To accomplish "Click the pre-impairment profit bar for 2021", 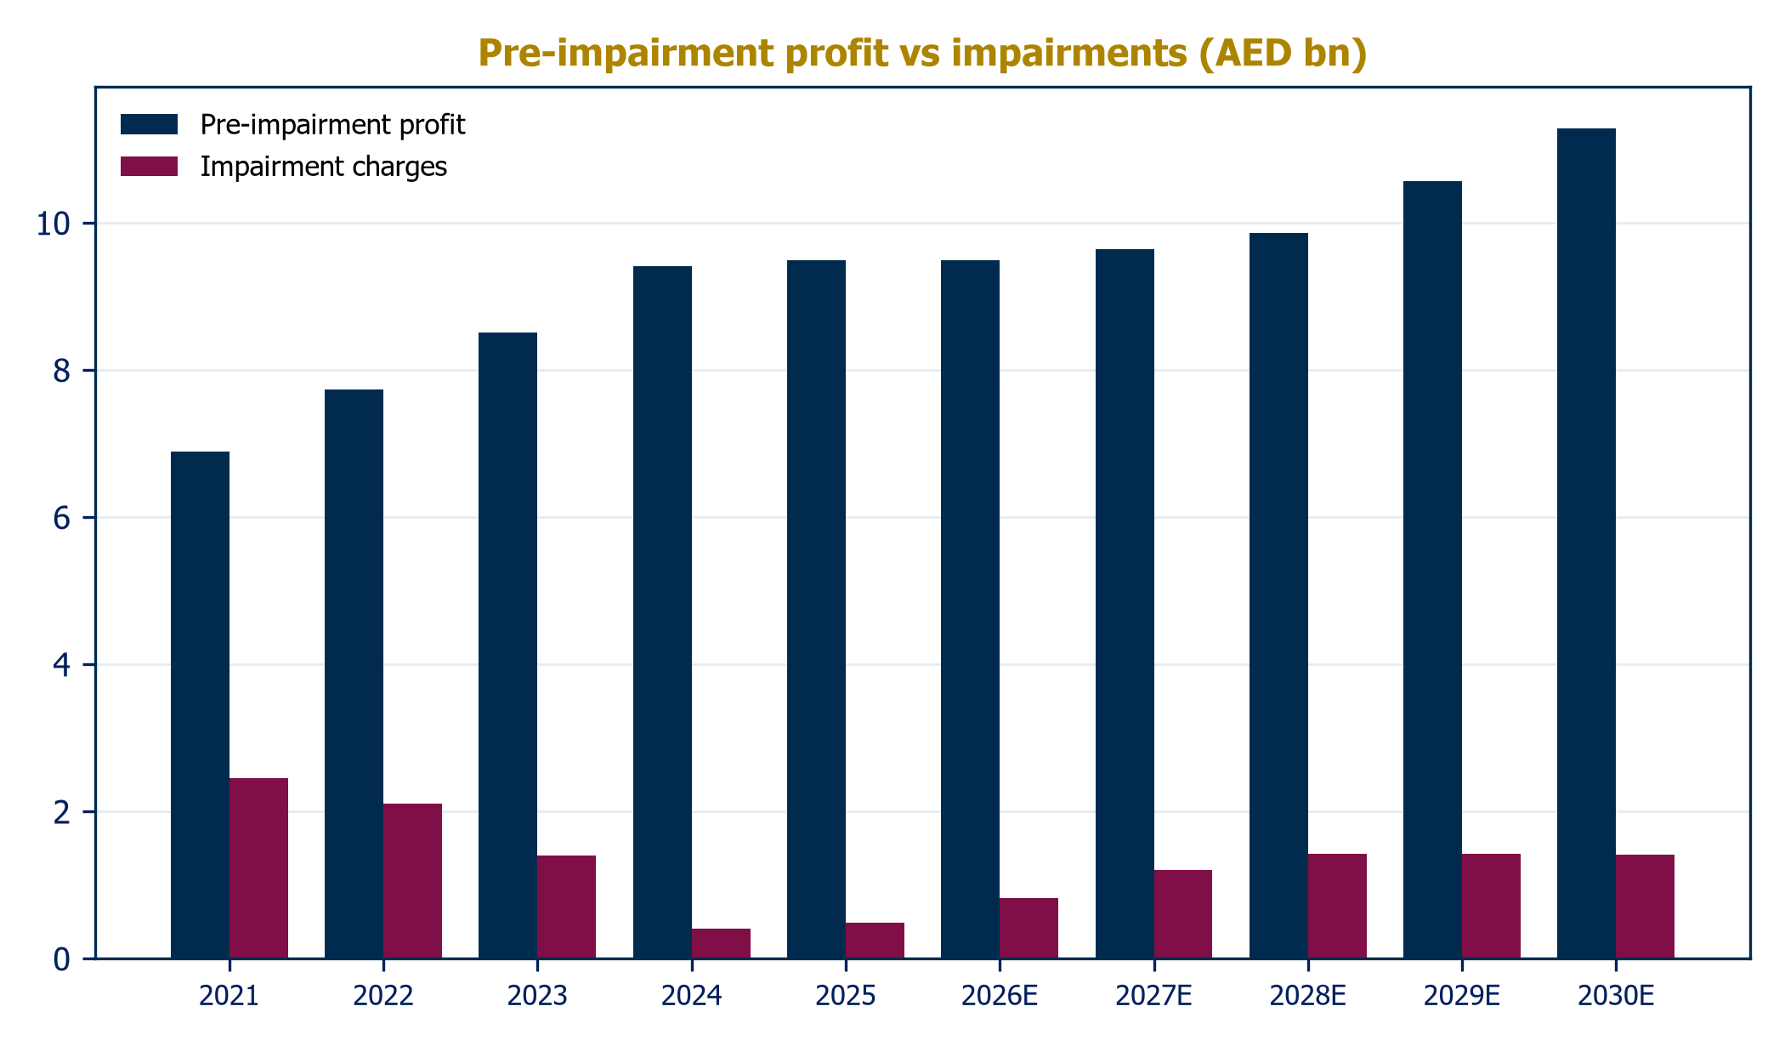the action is tap(200, 705).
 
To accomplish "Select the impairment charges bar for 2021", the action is tap(258, 868).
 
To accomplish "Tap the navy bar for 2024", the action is tap(662, 612).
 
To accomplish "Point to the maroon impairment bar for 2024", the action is tap(721, 943).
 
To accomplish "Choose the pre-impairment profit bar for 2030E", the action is tap(1586, 543).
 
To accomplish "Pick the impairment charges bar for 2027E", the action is tap(1183, 914).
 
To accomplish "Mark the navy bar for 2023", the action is tap(507, 645).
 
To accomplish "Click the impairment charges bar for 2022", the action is tap(412, 881).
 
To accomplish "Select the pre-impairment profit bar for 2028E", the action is tap(1278, 595).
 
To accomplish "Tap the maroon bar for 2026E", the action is tap(1028, 928).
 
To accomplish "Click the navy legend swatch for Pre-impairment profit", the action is tap(149, 124).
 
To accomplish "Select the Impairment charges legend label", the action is tap(324, 167).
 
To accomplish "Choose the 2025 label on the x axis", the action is tap(846, 996).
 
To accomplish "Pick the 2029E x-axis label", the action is tap(1462, 996).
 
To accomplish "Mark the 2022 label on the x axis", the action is tap(383, 996).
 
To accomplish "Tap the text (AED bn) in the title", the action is tap(1283, 54).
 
